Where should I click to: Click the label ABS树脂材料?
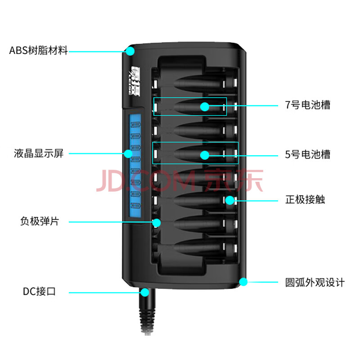tap(38, 50)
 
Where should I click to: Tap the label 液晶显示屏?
tap(38, 154)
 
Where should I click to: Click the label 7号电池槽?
tap(308, 105)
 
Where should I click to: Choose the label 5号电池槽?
tap(308, 155)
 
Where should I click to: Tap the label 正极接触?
tap(305, 199)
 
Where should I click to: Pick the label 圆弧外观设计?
tap(315, 283)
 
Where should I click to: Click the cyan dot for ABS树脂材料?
tap(130, 51)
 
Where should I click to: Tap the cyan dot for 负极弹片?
tap(157, 222)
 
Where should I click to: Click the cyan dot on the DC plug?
tap(144, 292)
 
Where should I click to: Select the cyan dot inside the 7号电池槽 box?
tap(204, 106)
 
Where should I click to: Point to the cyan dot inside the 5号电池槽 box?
tap(204, 155)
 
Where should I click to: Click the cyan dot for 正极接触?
tap(229, 199)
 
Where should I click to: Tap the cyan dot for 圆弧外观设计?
tap(243, 282)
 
